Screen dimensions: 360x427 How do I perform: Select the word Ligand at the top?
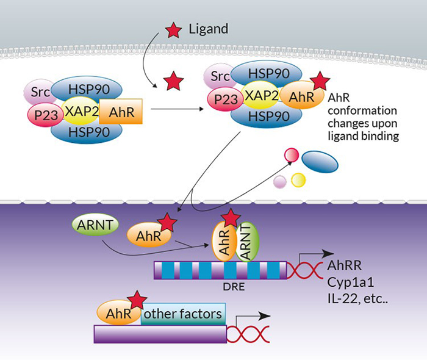click(208, 28)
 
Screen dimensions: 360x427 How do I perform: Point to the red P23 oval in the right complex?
click(223, 98)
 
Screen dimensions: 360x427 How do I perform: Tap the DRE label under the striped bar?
click(229, 283)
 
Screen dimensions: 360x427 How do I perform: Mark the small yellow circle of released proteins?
click(298, 179)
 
